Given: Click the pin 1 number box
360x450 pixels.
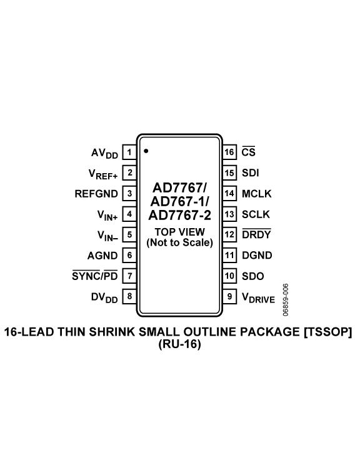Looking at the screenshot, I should point(129,152).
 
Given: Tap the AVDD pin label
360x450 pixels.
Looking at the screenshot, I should point(103,152).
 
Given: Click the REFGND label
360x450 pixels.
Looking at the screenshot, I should point(96,193).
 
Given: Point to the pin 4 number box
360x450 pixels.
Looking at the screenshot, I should point(129,214).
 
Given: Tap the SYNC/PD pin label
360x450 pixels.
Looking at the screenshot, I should point(95,276).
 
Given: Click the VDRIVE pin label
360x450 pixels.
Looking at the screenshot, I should point(258,297).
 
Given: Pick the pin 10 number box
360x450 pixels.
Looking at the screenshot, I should point(229,276).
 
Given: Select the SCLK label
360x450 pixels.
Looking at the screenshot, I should point(256,214).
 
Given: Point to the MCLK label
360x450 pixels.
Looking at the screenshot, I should point(257,193).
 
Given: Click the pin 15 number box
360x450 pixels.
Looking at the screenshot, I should point(229,172).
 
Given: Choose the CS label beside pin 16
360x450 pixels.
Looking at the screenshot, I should point(248,152).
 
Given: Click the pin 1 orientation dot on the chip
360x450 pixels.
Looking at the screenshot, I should point(146,151).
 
